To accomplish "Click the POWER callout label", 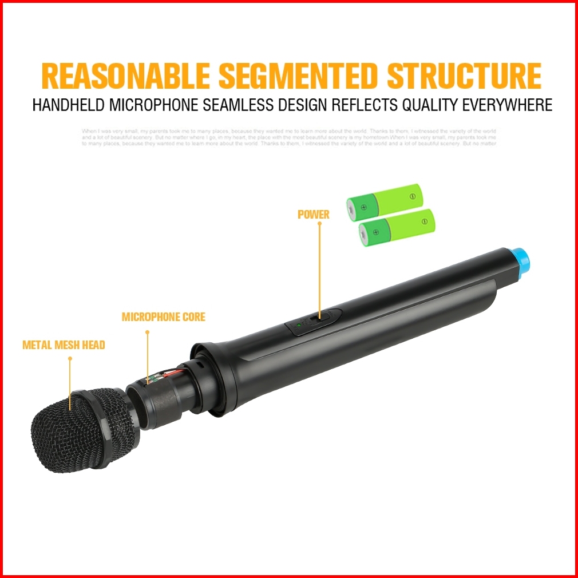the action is coord(314,215).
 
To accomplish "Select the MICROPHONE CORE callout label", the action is coord(163,316).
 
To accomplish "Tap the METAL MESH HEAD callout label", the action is coord(64,345).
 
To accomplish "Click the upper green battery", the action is coord(385,202).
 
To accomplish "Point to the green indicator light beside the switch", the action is coord(299,325).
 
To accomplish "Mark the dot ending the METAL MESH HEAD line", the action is coord(70,359).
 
